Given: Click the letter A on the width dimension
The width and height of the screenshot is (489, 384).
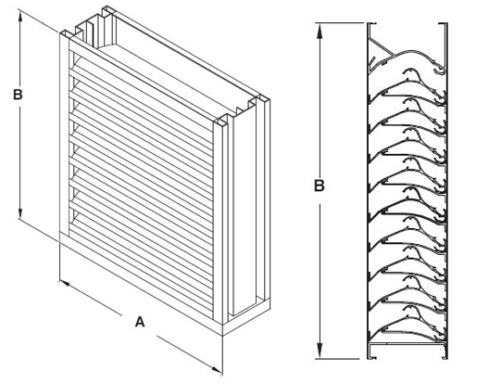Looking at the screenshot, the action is click(x=140, y=322).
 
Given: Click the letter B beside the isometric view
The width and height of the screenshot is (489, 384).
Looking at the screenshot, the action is click(x=18, y=95).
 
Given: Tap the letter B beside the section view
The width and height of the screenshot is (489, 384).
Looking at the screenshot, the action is click(x=319, y=186).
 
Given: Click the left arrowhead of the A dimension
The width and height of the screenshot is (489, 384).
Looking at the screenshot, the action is click(x=65, y=284).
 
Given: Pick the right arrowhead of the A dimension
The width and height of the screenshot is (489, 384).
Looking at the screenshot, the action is click(x=216, y=369).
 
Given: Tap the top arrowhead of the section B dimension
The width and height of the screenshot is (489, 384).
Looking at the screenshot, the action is click(x=320, y=31).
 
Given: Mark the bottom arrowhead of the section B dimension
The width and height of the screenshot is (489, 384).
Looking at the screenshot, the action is click(x=320, y=351).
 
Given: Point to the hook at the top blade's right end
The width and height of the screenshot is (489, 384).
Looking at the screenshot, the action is click(x=439, y=70).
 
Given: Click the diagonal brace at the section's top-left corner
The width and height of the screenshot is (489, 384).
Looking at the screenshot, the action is click(x=381, y=47).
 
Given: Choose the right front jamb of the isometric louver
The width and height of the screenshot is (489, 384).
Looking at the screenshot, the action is click(x=219, y=220).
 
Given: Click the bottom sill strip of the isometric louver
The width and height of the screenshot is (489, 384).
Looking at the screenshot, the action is click(x=141, y=281).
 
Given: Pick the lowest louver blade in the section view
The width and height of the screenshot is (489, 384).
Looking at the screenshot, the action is click(x=406, y=325).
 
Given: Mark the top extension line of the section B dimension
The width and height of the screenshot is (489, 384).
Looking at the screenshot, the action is click(x=339, y=23).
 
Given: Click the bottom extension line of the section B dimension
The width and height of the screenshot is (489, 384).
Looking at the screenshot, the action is click(x=337, y=359).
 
